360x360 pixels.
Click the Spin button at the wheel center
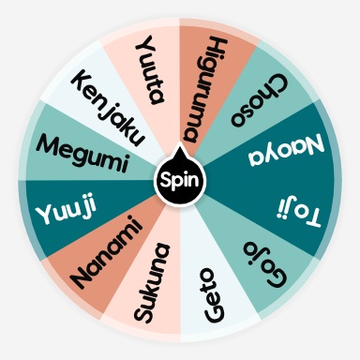179,178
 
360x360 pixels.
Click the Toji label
296,208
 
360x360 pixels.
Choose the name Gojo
266,262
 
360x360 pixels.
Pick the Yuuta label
150,71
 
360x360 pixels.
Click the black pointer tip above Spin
179,149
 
